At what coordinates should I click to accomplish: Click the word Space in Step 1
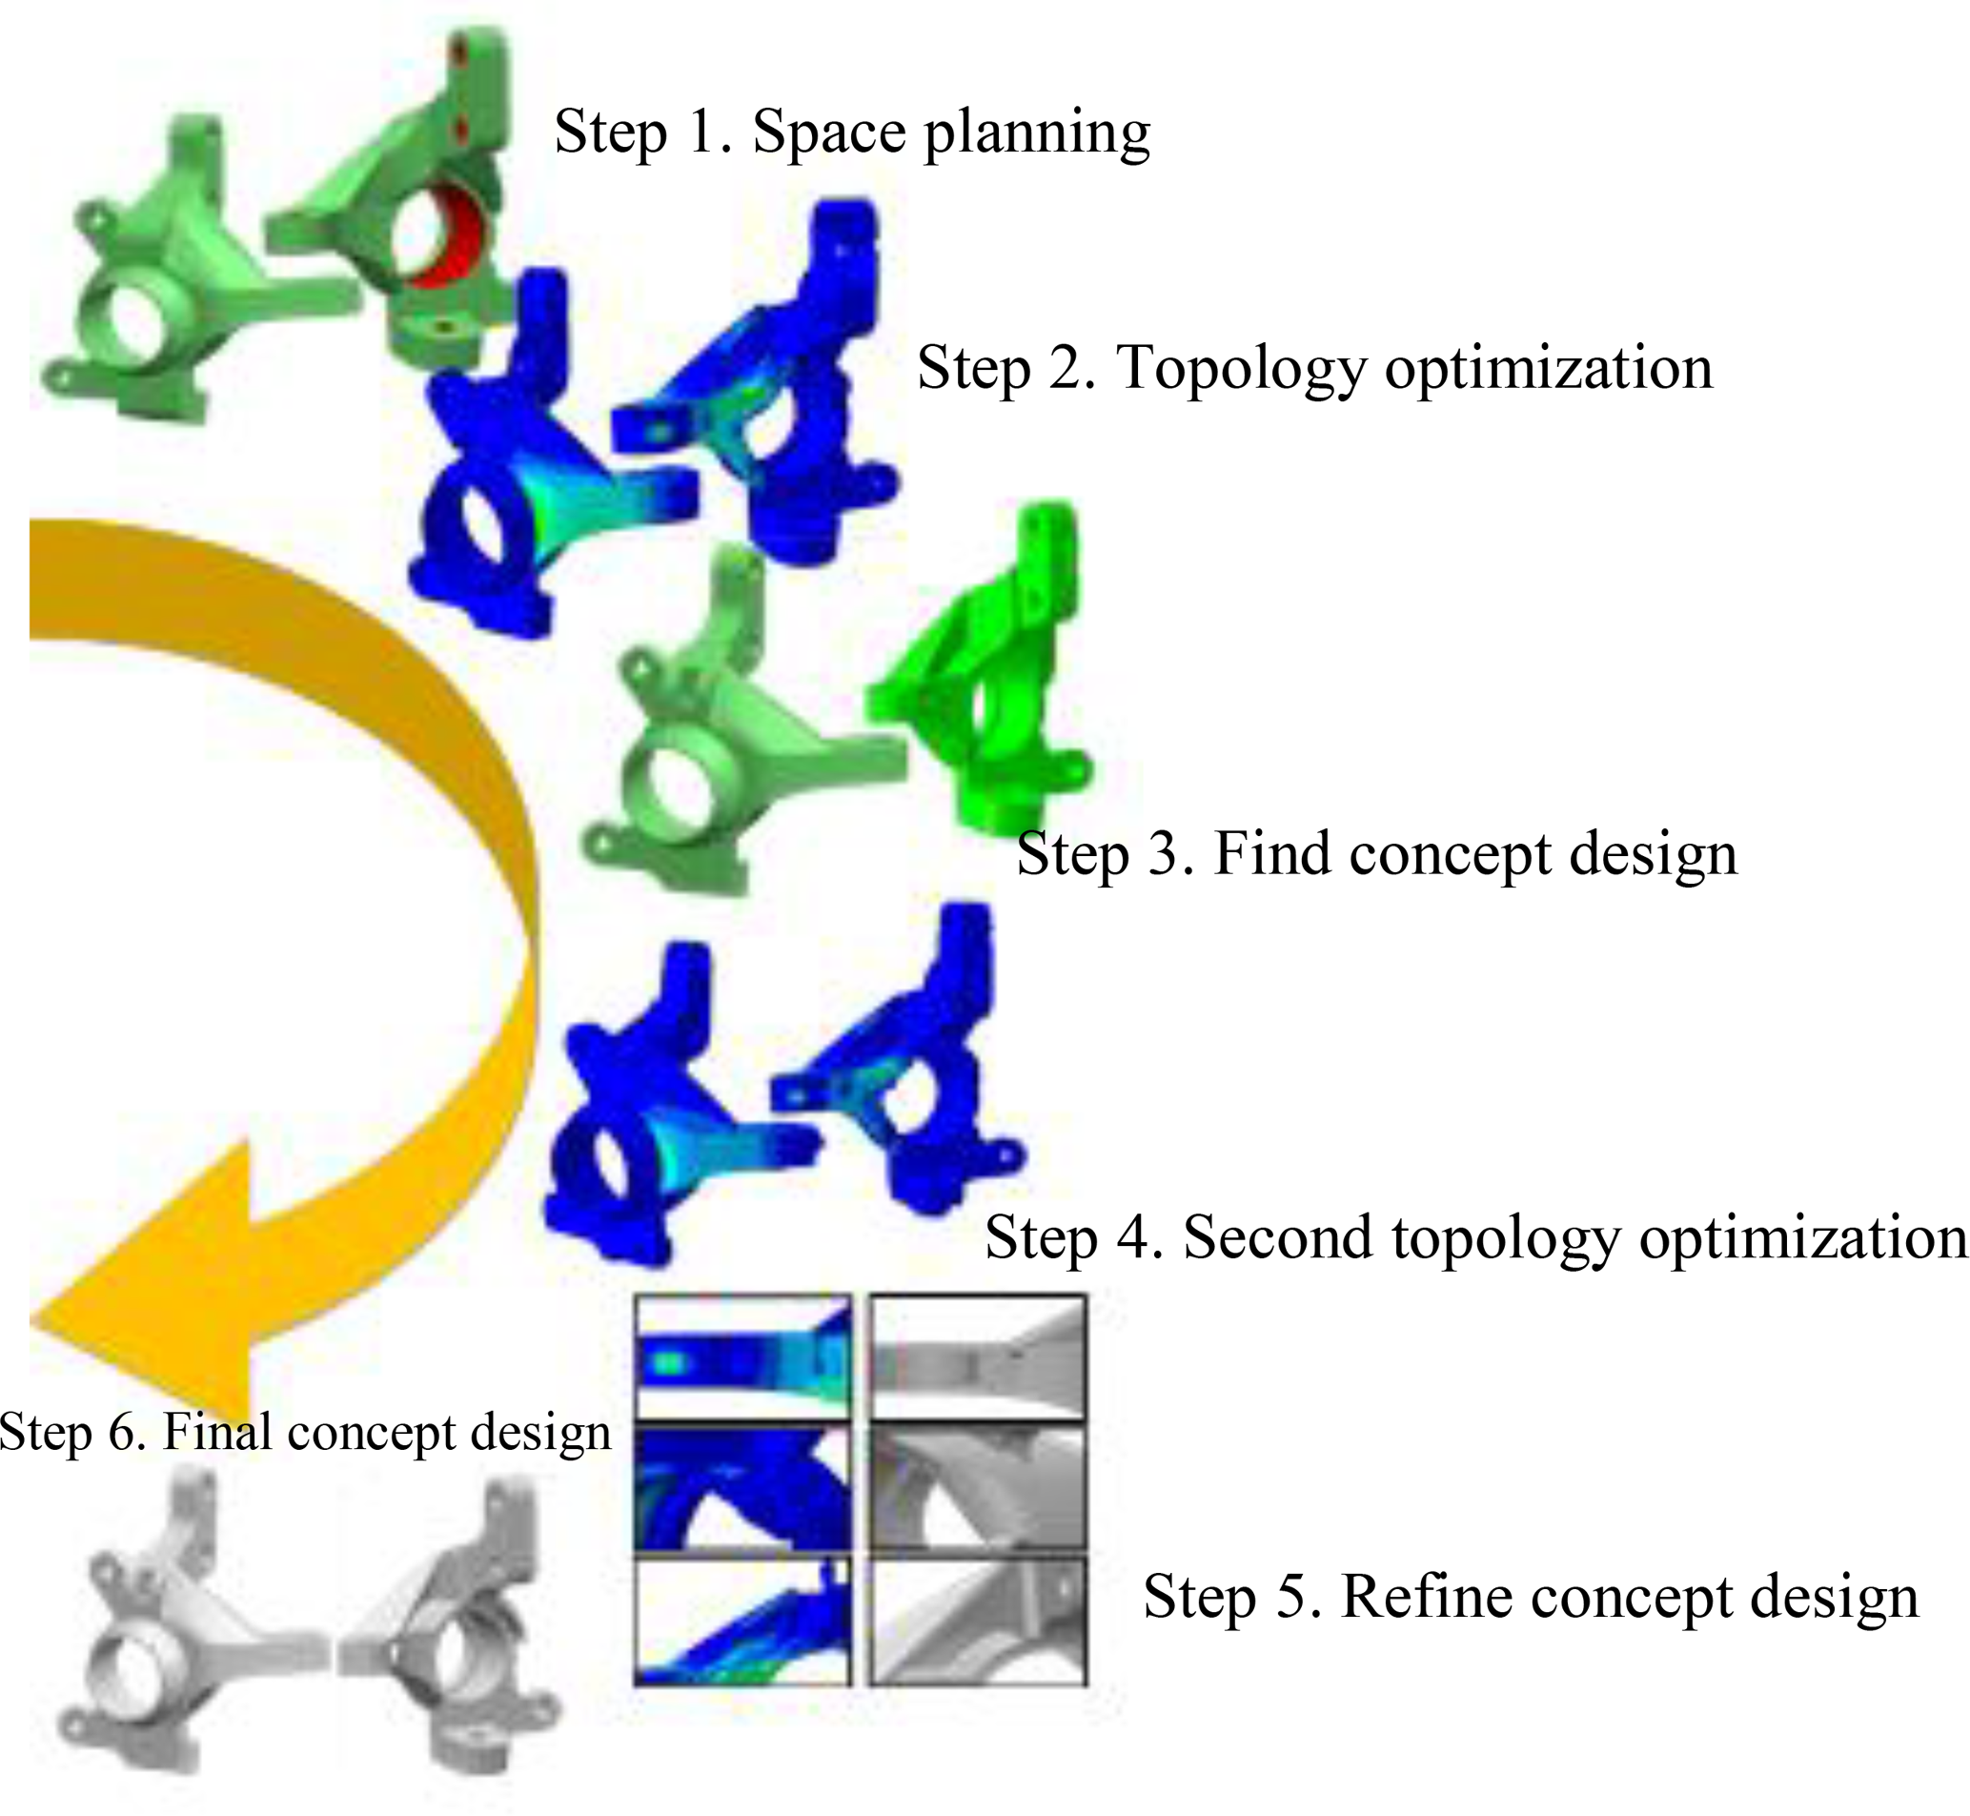pyautogui.click(x=827, y=132)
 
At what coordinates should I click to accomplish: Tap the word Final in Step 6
pyautogui.click(x=218, y=1431)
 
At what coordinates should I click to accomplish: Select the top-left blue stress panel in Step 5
pyautogui.click(x=742, y=1357)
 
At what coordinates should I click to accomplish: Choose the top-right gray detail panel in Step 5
pyautogui.click(x=979, y=1357)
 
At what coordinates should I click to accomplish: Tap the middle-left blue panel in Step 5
pyautogui.click(x=742, y=1488)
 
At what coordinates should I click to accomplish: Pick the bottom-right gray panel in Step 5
pyautogui.click(x=979, y=1621)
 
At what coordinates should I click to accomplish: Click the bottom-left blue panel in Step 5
pyautogui.click(x=742, y=1621)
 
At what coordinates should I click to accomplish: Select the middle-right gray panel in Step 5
pyautogui.click(x=979, y=1488)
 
